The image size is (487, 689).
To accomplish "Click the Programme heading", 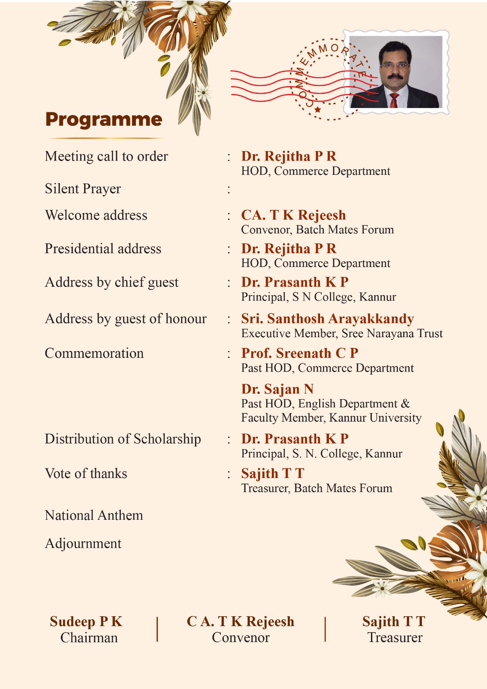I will (x=104, y=120).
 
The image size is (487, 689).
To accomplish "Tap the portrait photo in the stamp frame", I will (x=396, y=72).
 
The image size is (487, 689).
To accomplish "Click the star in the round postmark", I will (x=318, y=109).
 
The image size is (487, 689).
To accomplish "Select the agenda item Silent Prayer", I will (x=83, y=189).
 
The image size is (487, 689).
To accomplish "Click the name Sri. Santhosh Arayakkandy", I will (x=327, y=319).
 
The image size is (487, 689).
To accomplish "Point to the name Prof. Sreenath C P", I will (x=300, y=353).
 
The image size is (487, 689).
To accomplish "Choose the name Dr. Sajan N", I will (x=277, y=389).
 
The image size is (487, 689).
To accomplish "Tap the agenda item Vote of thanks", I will (x=86, y=473).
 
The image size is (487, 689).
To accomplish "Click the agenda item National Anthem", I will (x=94, y=515).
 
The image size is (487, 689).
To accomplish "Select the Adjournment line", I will (x=83, y=543).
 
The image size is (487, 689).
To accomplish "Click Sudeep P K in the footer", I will (x=86, y=621).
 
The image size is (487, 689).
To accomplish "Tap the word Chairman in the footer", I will (x=89, y=637).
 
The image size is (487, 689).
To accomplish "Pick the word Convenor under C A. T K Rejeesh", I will (x=241, y=637).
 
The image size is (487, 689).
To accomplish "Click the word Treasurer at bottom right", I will (x=395, y=637).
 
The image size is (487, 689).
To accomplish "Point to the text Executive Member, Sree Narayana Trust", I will (x=342, y=333).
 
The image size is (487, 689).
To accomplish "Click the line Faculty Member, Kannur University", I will (x=331, y=418).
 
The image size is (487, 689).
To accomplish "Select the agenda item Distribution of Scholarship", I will (x=123, y=439).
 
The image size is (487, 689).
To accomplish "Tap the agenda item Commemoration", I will (x=94, y=353).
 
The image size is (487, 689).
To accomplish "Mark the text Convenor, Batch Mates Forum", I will (x=317, y=230).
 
